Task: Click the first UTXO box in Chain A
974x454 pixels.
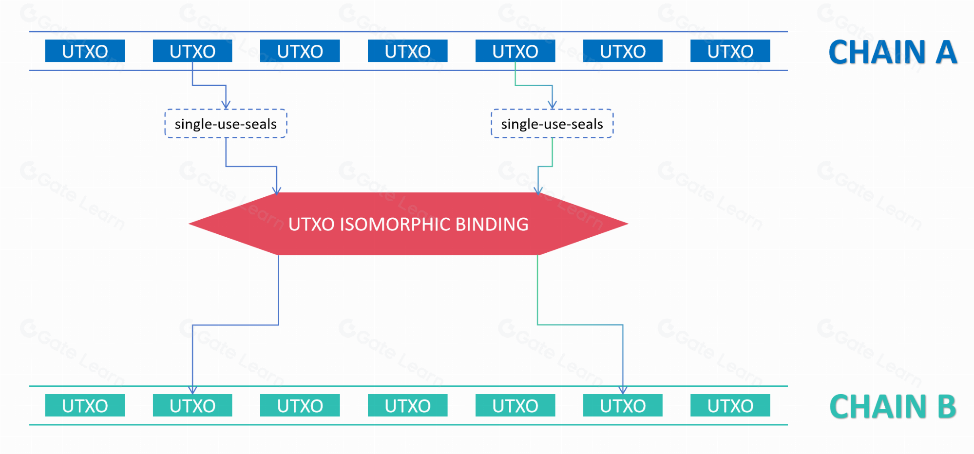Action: [85, 51]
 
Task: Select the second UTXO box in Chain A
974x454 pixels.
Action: [192, 51]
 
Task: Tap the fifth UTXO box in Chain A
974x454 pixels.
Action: [515, 51]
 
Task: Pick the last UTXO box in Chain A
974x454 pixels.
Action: [730, 51]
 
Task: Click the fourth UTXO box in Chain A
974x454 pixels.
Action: [407, 51]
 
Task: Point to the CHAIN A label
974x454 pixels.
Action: [893, 52]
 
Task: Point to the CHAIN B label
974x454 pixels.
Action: [893, 407]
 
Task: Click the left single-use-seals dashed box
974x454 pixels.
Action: [226, 124]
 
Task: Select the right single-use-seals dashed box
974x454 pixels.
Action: [552, 124]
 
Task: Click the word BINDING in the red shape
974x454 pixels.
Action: [492, 225]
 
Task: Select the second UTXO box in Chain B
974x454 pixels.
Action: [192, 406]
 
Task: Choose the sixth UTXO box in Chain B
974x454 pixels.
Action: [623, 406]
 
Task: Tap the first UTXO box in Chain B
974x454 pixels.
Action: [85, 406]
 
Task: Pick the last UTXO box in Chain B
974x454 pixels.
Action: [730, 406]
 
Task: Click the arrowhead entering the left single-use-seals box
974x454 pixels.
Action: [226, 105]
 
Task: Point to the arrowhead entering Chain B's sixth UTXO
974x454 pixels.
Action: [623, 390]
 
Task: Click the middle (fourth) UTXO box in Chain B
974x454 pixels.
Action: [407, 406]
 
